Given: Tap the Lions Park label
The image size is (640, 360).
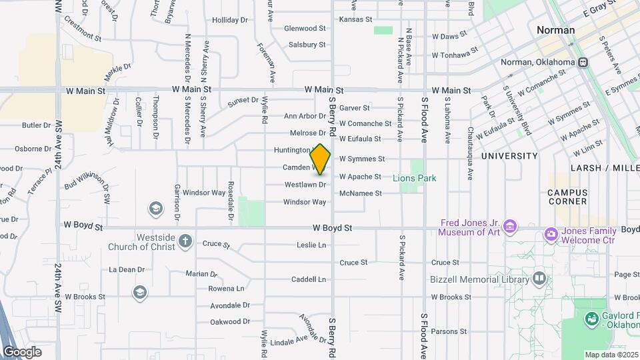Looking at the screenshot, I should (415, 178).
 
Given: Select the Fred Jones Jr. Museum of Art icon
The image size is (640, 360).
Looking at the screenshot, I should (510, 227).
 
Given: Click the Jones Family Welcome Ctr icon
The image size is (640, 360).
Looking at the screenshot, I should (551, 233).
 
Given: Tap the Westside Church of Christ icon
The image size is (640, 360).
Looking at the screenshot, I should (185, 241).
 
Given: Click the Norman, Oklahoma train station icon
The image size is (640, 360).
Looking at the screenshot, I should (583, 63).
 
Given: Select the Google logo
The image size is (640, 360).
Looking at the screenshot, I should (22, 351).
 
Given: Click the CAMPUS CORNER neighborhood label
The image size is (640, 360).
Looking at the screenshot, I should (567, 197).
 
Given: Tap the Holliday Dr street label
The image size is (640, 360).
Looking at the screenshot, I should (229, 20).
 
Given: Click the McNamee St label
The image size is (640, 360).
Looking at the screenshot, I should (360, 193).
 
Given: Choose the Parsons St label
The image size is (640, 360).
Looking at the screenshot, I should (449, 331).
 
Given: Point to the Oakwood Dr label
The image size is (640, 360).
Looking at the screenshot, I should (229, 321).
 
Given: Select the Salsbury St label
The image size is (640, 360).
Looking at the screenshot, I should (307, 45).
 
